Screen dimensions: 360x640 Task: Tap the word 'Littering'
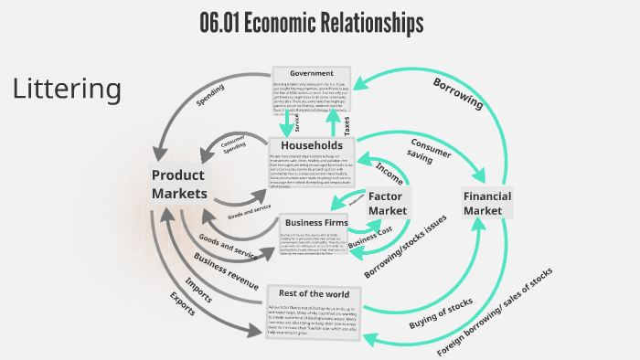(x=67, y=89)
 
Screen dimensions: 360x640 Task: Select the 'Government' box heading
(x=311, y=73)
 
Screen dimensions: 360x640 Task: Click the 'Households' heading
(x=311, y=146)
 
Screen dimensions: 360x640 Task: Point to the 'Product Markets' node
(x=179, y=184)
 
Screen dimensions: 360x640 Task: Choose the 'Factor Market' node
(x=389, y=204)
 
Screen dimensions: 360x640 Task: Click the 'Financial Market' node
(x=487, y=204)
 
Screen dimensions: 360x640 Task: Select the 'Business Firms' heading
(x=314, y=222)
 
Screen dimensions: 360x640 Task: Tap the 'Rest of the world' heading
(x=314, y=293)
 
